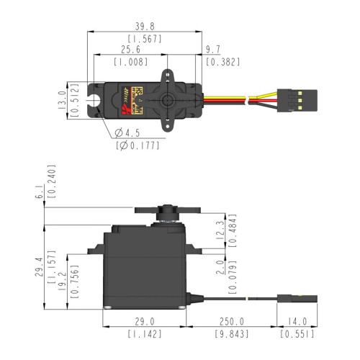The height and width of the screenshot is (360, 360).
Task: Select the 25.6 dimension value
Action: click(130, 50)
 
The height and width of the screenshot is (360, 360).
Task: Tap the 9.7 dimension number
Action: click(213, 50)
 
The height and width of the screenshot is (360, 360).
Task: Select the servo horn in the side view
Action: click(166, 210)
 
